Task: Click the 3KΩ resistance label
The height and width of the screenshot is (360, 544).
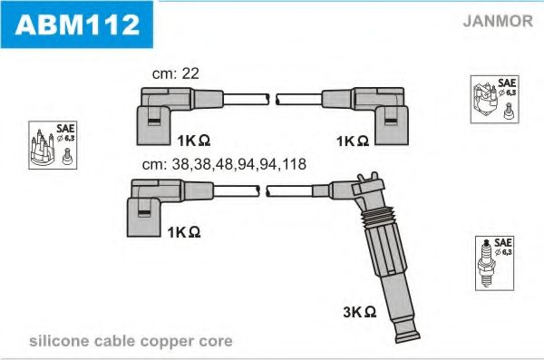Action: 359,311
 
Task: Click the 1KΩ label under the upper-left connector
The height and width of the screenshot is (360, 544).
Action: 193,141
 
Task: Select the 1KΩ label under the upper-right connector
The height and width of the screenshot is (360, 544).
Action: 351,141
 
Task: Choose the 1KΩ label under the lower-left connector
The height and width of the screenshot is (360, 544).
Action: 183,232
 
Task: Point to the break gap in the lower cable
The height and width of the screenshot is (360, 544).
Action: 264,190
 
